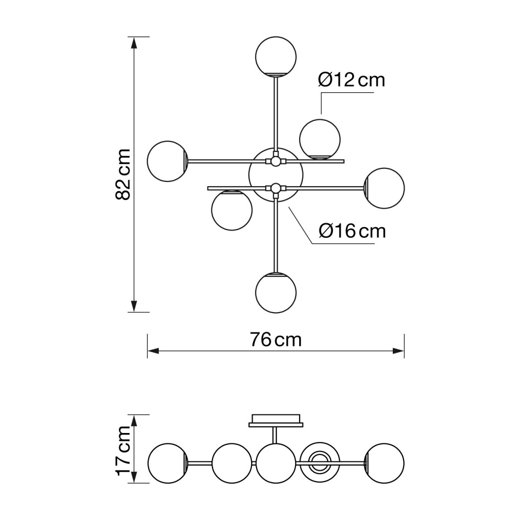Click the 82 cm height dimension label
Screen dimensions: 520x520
point(123,174)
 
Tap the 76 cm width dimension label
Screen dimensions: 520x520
point(276,339)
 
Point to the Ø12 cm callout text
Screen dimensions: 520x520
point(352,80)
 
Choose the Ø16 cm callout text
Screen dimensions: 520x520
point(352,231)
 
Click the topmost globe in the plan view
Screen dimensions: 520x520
point(276,56)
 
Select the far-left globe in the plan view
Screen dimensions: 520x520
point(168,161)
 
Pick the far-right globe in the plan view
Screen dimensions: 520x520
point(384,188)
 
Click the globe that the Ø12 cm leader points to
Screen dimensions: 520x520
point(320,139)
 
